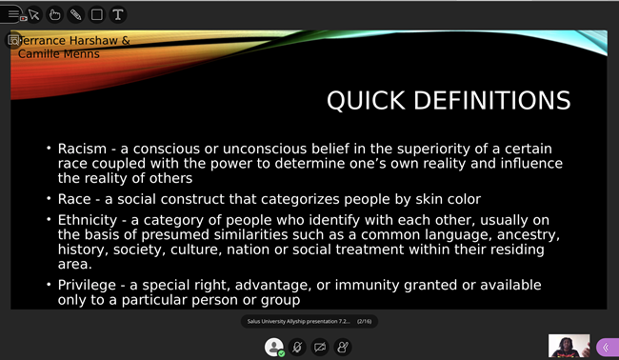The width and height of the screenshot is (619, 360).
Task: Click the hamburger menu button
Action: click(13, 14)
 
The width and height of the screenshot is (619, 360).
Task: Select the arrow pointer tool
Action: click(34, 14)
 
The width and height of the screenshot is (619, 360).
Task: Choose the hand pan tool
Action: click(54, 14)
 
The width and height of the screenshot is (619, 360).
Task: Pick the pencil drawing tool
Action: click(75, 14)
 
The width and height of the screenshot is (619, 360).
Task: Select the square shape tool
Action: click(96, 14)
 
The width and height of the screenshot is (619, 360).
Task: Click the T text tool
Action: click(117, 14)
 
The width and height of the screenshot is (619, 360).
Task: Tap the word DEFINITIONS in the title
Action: click(490, 101)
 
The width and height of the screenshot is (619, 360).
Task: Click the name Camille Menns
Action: click(58, 54)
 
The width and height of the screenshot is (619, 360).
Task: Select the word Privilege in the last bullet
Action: click(88, 286)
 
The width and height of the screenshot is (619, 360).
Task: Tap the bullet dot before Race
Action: click(49, 199)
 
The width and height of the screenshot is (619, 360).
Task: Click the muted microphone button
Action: click(297, 347)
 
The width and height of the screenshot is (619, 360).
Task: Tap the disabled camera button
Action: click(320, 347)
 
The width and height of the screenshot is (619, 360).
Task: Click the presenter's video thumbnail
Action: click(569, 346)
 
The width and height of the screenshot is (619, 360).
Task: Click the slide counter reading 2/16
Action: click(364, 322)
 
